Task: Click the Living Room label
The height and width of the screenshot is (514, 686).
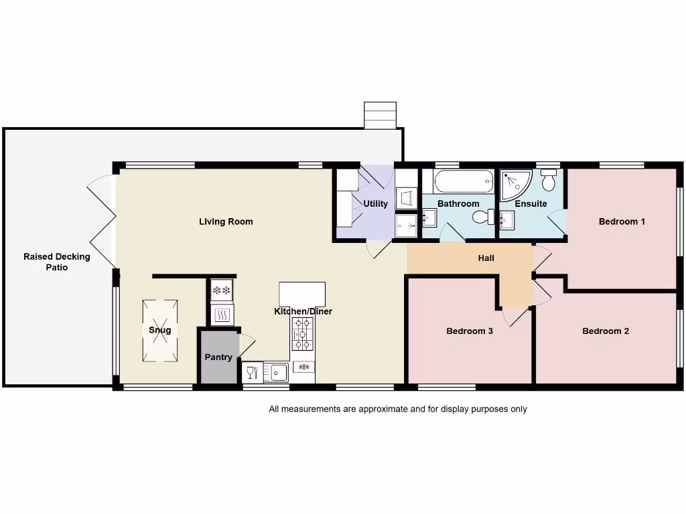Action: pos(226,222)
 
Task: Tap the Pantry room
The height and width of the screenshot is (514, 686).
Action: pos(218,357)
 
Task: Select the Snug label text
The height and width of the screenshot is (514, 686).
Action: pos(159,330)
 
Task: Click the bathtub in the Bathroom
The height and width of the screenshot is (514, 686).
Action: pos(463,181)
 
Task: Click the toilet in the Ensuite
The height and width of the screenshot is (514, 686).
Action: pos(549,180)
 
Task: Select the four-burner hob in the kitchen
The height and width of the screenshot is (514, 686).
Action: pos(302,333)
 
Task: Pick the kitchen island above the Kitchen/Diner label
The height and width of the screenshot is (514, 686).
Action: pos(301,294)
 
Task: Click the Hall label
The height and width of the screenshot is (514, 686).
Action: pos(486,258)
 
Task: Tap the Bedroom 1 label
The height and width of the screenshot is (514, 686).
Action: pos(622,222)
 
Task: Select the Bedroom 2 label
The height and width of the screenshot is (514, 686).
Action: pos(606,331)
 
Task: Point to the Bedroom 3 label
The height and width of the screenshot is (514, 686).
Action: pos(470,331)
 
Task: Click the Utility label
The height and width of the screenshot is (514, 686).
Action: pos(375,204)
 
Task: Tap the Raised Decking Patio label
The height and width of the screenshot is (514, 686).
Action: pos(57,262)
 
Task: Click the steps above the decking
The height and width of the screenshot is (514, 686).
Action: pos(380,114)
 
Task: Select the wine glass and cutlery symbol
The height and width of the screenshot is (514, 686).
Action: pos(253,372)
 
